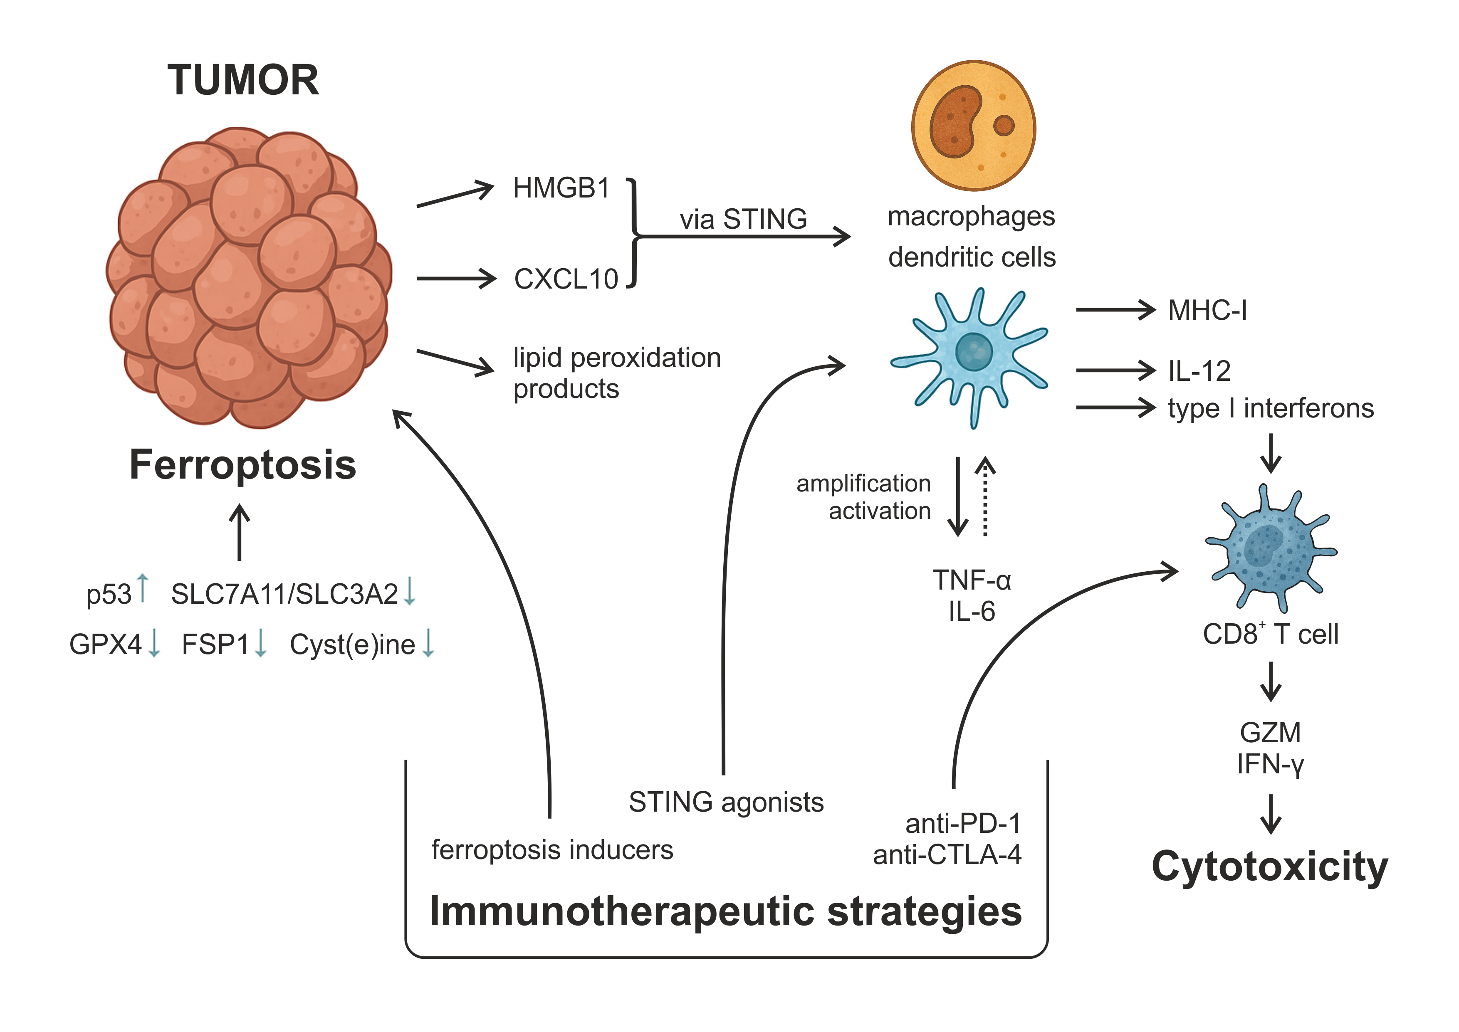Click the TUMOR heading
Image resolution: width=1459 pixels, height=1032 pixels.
(x=243, y=80)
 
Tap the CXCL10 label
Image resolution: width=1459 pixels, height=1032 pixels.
(x=566, y=279)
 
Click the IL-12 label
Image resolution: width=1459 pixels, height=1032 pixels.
(x=1199, y=371)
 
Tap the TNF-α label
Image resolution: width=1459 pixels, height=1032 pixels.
(x=971, y=580)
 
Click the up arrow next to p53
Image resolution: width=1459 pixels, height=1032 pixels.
(x=143, y=588)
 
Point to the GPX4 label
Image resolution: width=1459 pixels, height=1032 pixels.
(x=106, y=644)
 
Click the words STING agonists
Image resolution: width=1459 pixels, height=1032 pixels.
(x=726, y=802)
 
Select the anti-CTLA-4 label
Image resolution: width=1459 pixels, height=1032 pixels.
(x=947, y=855)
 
